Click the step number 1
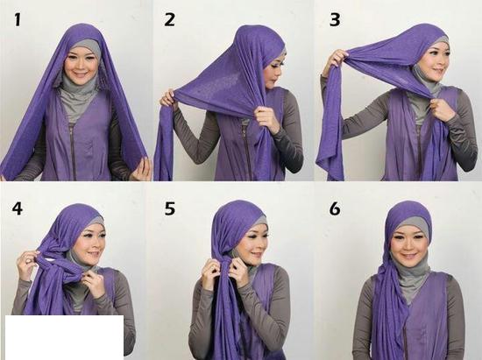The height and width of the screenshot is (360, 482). [18, 20]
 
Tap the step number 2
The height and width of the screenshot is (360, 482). [169, 20]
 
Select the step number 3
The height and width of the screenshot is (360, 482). [335, 20]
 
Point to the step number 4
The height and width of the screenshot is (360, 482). [18, 208]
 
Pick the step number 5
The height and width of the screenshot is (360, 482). [170, 208]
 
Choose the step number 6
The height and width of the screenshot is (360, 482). [335, 208]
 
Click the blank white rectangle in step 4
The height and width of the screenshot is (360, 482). [64, 337]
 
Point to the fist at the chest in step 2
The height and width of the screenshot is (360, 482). [266, 118]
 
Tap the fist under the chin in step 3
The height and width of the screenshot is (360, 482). [441, 109]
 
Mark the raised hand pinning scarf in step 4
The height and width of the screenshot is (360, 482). [28, 264]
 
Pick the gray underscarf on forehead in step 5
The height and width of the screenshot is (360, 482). [259, 222]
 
